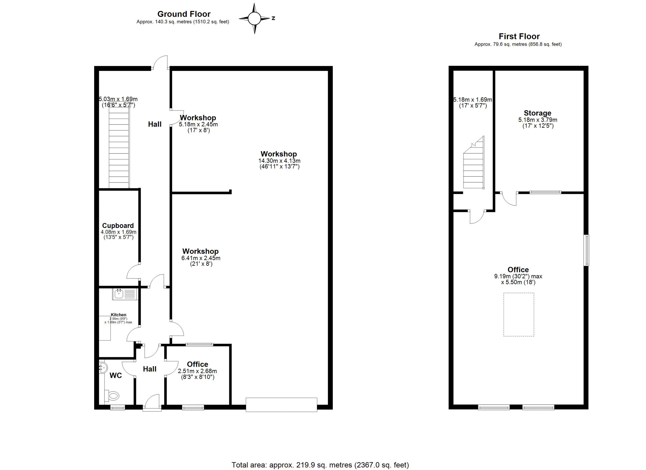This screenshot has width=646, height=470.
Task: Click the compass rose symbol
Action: tap(254, 18)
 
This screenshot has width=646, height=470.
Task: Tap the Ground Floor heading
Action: tap(184, 14)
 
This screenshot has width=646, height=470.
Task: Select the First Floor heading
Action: tap(519, 36)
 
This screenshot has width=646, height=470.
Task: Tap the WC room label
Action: tap(116, 376)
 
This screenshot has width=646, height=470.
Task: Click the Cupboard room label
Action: tap(118, 226)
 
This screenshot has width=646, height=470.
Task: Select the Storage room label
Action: tap(537, 113)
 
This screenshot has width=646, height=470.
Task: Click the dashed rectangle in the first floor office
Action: tap(519, 315)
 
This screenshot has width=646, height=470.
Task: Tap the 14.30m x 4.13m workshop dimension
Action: tap(279, 161)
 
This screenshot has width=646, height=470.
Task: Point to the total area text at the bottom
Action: tap(320, 465)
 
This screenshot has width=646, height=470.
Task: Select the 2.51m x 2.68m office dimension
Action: tap(197, 371)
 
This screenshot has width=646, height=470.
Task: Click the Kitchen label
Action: tap(119, 315)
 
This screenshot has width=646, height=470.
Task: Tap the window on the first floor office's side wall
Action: tap(586, 250)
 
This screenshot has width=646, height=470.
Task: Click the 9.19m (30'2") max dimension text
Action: tap(518, 276)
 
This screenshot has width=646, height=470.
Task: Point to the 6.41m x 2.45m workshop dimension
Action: tap(201, 258)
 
